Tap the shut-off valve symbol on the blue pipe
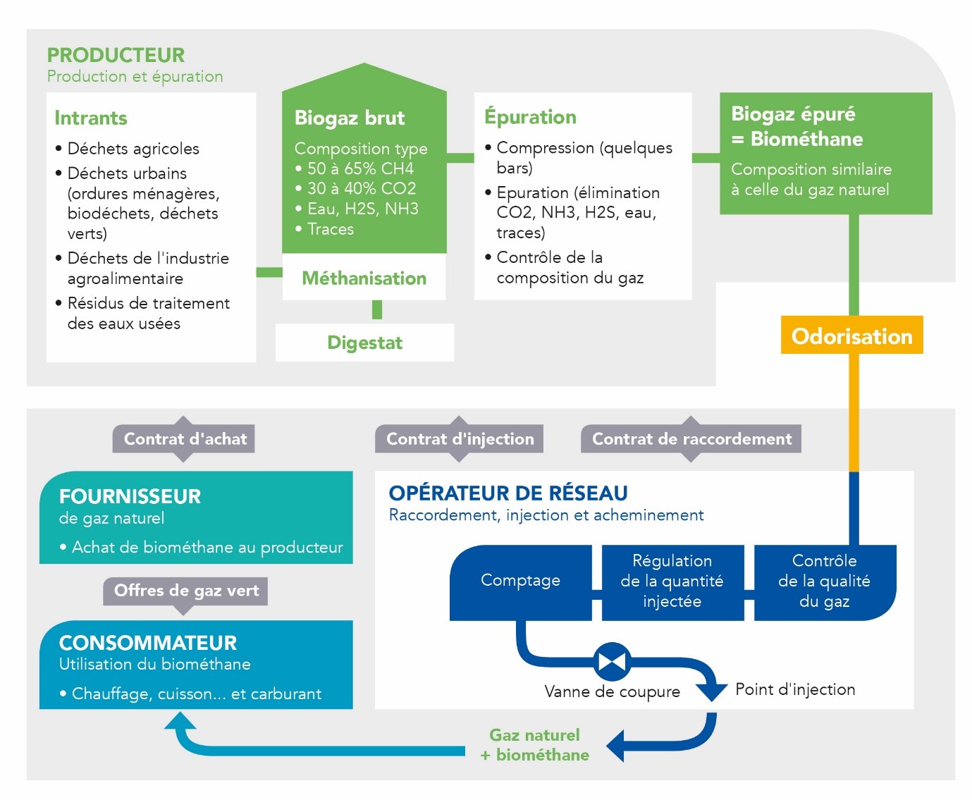[612, 661]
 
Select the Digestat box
[364, 343]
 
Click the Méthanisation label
[364, 278]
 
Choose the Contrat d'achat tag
[183, 438]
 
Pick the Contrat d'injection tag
[459, 438]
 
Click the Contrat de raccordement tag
[691, 438]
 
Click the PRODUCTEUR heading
[116, 55]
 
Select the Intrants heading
[91, 118]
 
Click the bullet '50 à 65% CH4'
[355, 168]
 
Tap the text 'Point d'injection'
[795, 689]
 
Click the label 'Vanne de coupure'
[612, 691]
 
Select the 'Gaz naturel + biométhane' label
[534, 745]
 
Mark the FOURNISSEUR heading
[130, 496]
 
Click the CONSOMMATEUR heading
[148, 643]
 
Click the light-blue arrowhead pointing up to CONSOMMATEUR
[180, 721]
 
